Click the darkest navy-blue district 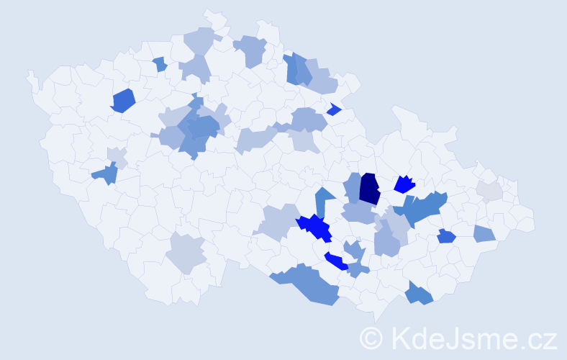[370, 189]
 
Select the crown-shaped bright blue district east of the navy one [404, 185]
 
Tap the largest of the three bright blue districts [315, 227]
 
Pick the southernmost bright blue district [336, 261]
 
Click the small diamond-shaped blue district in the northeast [333, 109]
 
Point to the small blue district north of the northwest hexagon [160, 64]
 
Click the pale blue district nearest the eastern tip [485, 233]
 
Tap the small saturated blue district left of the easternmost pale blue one [446, 235]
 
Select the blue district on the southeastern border [418, 293]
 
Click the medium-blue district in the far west [106, 174]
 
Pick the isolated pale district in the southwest [186, 253]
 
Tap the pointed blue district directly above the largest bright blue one [324, 199]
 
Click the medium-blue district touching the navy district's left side [353, 186]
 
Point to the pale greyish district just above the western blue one [117, 156]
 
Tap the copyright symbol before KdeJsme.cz [372, 338]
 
